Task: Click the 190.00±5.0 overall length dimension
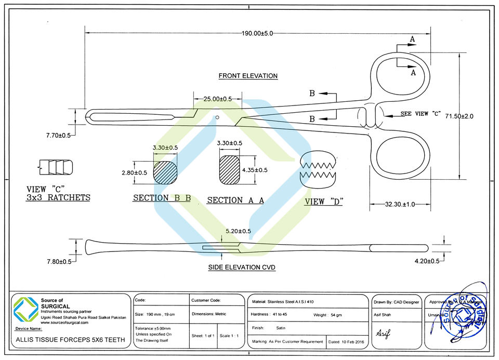[257, 33]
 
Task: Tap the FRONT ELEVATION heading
[248, 76]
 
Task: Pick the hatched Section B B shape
[165, 172]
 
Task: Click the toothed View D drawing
[319, 168]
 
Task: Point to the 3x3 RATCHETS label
[58, 198]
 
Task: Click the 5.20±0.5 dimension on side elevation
[239, 231]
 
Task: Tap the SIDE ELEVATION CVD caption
[242, 268]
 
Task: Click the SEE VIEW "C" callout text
[421, 114]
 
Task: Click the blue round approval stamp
[464, 313]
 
